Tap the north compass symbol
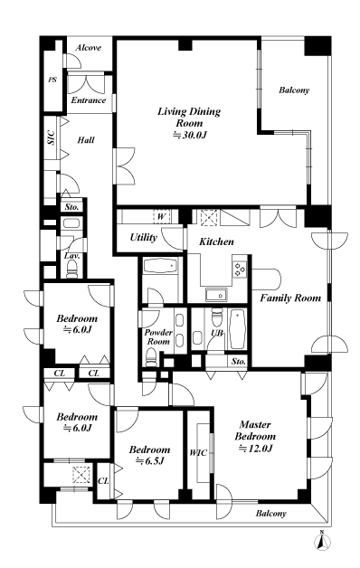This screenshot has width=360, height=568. point(322,541)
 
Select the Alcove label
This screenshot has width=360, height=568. point(89,47)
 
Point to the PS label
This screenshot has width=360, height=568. point(52,80)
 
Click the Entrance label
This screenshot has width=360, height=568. point(89,100)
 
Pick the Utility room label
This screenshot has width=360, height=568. point(144,238)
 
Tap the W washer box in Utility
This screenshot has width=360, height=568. point(161,217)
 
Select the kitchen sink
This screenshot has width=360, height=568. point(216,295)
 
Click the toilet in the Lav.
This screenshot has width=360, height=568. point(72,270)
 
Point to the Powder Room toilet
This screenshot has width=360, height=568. point(150,357)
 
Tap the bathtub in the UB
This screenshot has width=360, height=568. point(238,329)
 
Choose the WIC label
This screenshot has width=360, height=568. point(198,452)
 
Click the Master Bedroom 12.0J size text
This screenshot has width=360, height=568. point(255,448)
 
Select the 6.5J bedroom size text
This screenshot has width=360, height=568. point(150,461)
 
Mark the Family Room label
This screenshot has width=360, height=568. point(290,298)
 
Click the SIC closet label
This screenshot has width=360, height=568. point(51,137)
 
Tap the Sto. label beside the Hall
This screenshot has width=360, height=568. point(71,207)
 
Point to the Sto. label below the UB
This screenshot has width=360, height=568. point(238,361)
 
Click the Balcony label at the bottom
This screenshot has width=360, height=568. point(271,513)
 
